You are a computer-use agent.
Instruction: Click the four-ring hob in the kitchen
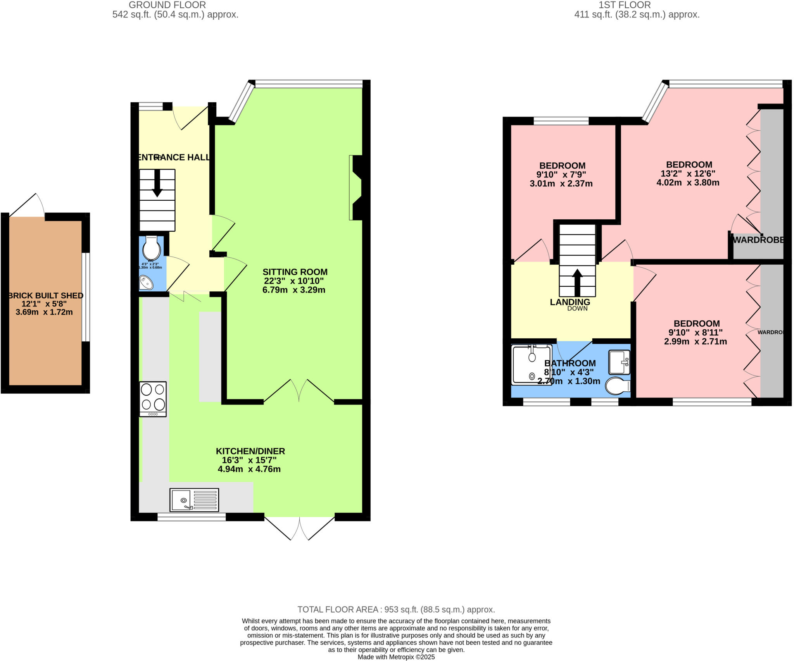point(153,399)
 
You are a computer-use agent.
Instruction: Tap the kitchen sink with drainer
point(194,500)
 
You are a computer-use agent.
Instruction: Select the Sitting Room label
point(295,272)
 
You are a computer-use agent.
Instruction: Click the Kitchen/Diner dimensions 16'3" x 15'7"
point(249,460)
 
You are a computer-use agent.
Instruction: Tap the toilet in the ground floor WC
point(151,248)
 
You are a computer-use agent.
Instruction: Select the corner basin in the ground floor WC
point(146,282)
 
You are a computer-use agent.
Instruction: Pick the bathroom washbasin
point(619,362)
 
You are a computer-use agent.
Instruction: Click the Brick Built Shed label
point(46,296)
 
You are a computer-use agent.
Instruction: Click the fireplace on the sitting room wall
point(356,188)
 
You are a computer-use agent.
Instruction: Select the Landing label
point(570,302)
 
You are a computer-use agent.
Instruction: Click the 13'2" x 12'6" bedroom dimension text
point(688,174)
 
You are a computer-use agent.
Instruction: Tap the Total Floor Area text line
point(396,609)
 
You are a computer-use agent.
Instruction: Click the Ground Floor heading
point(167,5)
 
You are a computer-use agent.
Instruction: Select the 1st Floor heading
point(625,5)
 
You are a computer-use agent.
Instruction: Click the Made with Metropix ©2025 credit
point(396,657)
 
